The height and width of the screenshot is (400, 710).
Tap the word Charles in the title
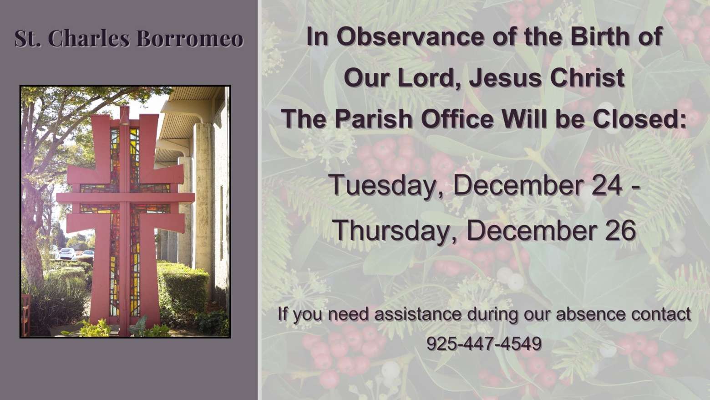[89, 39]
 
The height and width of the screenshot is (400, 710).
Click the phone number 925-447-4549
[484, 343]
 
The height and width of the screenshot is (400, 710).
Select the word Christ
[587, 78]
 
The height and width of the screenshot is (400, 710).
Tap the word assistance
[418, 314]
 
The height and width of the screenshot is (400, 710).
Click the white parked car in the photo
[67, 253]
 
